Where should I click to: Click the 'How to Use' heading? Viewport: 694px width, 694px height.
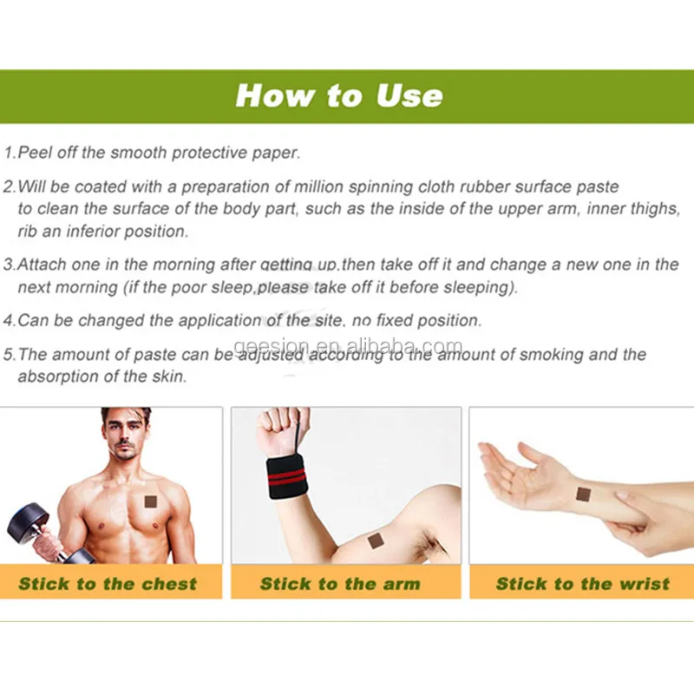tap(339, 95)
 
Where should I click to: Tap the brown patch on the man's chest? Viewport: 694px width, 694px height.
tap(151, 502)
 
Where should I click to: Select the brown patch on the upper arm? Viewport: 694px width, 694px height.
tap(376, 540)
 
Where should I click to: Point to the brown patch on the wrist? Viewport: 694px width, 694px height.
tap(584, 494)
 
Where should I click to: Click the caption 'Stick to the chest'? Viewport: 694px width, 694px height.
tap(108, 583)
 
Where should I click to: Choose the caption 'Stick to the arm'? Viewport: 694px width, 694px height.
tap(340, 583)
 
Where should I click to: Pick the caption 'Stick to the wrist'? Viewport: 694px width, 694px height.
tap(582, 583)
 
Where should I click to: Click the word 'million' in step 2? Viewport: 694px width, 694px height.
tap(318, 187)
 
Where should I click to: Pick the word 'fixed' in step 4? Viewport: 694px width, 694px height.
tap(395, 320)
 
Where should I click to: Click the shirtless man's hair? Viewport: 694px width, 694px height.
tap(126, 416)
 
